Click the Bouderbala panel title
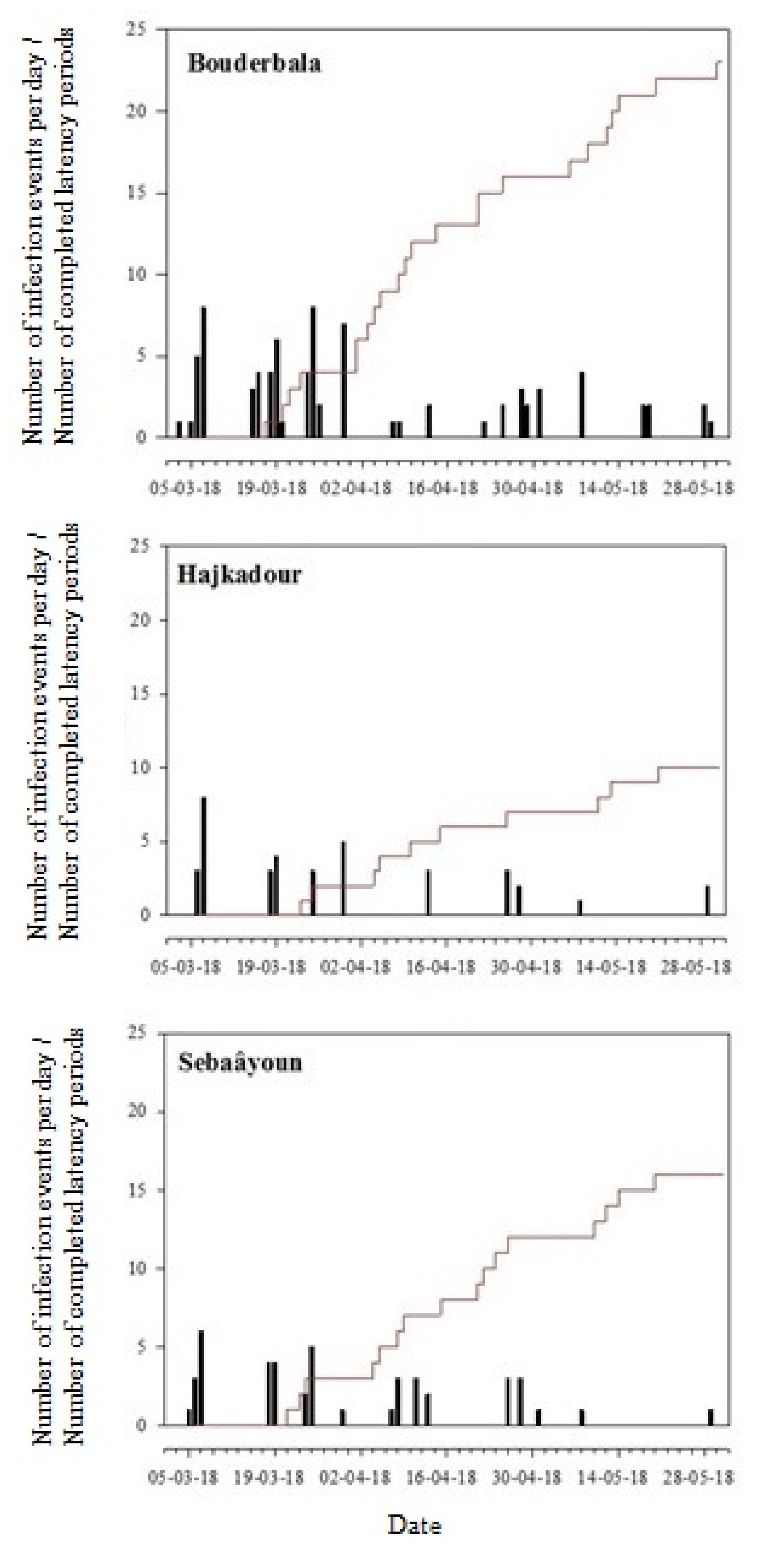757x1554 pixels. pyautogui.click(x=254, y=63)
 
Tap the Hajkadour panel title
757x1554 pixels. pyautogui.click(x=239, y=574)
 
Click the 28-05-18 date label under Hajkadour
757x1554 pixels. pyautogui.click(x=697, y=967)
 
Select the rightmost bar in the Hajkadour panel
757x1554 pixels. pyautogui.click(x=708, y=899)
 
